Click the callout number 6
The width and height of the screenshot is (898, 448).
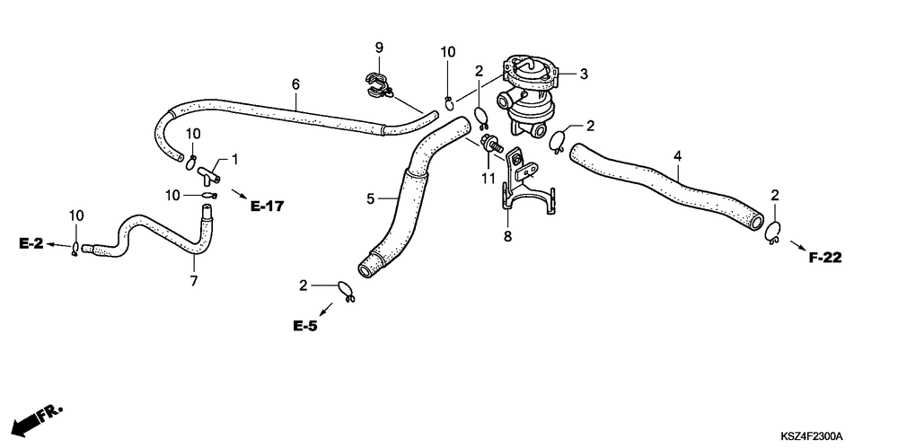tap(295, 83)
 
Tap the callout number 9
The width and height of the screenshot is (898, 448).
tap(379, 47)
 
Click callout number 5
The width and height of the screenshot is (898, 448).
tap(370, 198)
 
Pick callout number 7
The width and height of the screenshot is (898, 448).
tap(193, 280)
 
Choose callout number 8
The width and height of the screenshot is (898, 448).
tap(507, 237)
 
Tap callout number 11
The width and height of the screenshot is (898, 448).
tap(488, 179)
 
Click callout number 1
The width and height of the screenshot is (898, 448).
tap(235, 159)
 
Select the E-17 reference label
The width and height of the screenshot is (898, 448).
tap(267, 206)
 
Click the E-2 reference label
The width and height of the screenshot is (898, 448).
tap(31, 243)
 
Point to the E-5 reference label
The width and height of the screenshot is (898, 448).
tap(304, 326)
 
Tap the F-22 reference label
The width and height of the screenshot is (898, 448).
tap(824, 258)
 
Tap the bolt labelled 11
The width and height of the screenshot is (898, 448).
tap(491, 145)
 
